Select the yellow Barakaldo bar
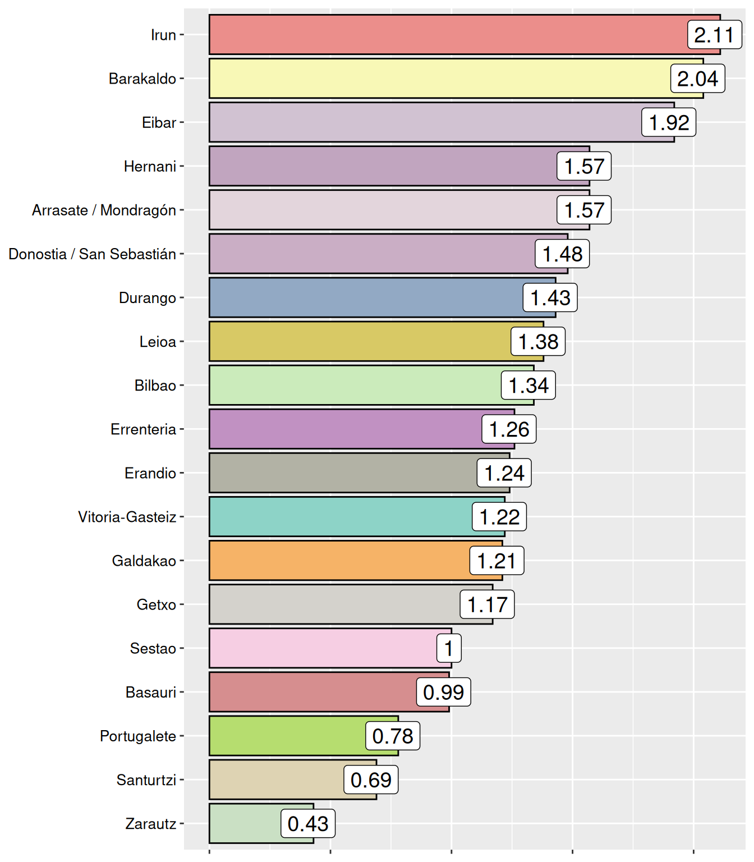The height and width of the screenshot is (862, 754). tap(438, 79)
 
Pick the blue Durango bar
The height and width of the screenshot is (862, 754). tap(365, 297)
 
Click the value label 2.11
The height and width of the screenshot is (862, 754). tap(714, 35)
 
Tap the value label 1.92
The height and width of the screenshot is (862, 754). tap(669, 122)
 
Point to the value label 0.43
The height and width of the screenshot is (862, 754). tap(308, 823)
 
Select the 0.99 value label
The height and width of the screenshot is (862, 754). tap(443, 692)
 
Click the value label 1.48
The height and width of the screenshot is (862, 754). tap(562, 254)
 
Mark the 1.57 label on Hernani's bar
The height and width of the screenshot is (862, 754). tap(584, 166)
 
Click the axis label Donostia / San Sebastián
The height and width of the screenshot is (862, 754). tap(93, 254)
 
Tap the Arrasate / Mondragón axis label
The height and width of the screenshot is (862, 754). tap(104, 210)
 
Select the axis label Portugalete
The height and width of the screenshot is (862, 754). tap(138, 736)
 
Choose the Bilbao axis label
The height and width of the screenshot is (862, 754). tap(155, 386)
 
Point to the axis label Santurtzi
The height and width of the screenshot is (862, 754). tap(146, 780)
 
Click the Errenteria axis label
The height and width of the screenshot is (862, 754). tap(144, 429)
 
